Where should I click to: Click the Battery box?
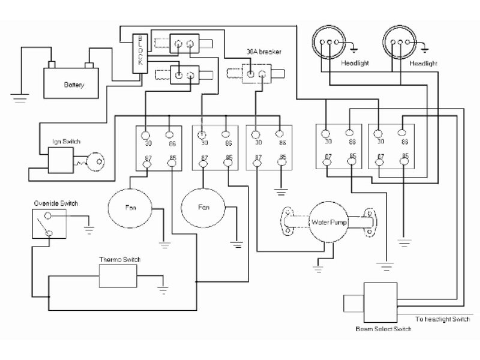pos(73,82)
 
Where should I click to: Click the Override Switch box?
pos(49,224)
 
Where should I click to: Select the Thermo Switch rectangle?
pos(119,275)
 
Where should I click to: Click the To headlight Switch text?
pos(442,319)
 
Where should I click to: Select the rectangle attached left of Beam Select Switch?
pos(353,302)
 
